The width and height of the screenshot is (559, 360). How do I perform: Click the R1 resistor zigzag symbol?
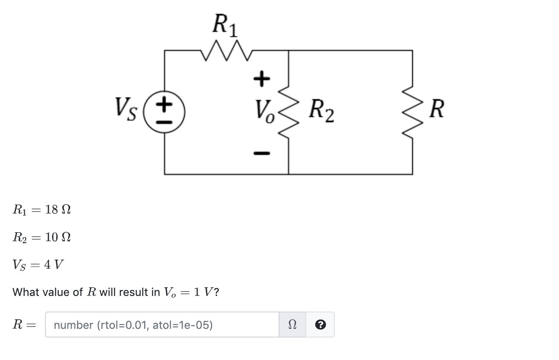coord(226,50)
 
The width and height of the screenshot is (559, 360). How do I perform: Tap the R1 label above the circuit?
coord(225,25)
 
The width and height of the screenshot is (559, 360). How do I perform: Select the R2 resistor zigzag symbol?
coord(288,112)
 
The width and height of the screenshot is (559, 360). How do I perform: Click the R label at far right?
coord(437,109)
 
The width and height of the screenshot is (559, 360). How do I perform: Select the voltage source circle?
coord(164,112)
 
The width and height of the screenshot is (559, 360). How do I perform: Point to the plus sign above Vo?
coord(261,78)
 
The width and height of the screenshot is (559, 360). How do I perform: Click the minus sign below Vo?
coord(261,153)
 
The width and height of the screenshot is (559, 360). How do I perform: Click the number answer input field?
coord(162,325)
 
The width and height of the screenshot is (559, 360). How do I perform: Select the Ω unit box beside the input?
coord(292,325)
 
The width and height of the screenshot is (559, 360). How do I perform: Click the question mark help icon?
coord(320,325)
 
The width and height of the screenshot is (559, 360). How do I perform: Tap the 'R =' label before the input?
coord(23,325)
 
